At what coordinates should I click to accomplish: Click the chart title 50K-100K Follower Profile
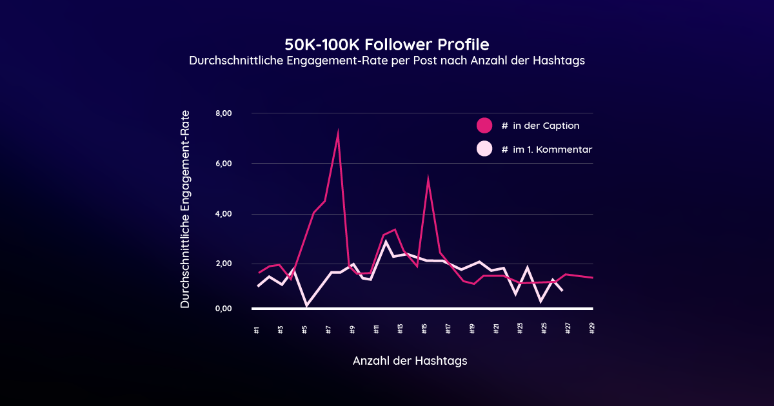click(386, 44)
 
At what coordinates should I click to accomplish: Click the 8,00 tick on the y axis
click(223, 113)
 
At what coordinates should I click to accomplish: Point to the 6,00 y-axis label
click(223, 164)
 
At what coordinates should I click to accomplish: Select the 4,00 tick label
click(223, 214)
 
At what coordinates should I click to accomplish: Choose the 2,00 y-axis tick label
click(223, 264)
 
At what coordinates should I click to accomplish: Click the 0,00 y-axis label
click(223, 309)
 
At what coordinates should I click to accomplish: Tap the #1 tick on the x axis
click(257, 329)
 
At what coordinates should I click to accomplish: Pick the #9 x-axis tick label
click(352, 329)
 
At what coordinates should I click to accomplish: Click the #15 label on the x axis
click(424, 329)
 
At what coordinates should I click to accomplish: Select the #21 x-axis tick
click(496, 329)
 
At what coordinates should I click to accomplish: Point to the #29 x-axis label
click(592, 329)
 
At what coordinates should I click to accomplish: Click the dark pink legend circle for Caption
click(484, 126)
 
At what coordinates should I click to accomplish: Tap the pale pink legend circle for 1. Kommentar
click(484, 149)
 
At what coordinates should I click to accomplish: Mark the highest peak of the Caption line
click(338, 133)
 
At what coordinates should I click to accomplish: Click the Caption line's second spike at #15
click(428, 179)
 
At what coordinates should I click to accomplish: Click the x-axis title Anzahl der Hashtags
click(410, 361)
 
